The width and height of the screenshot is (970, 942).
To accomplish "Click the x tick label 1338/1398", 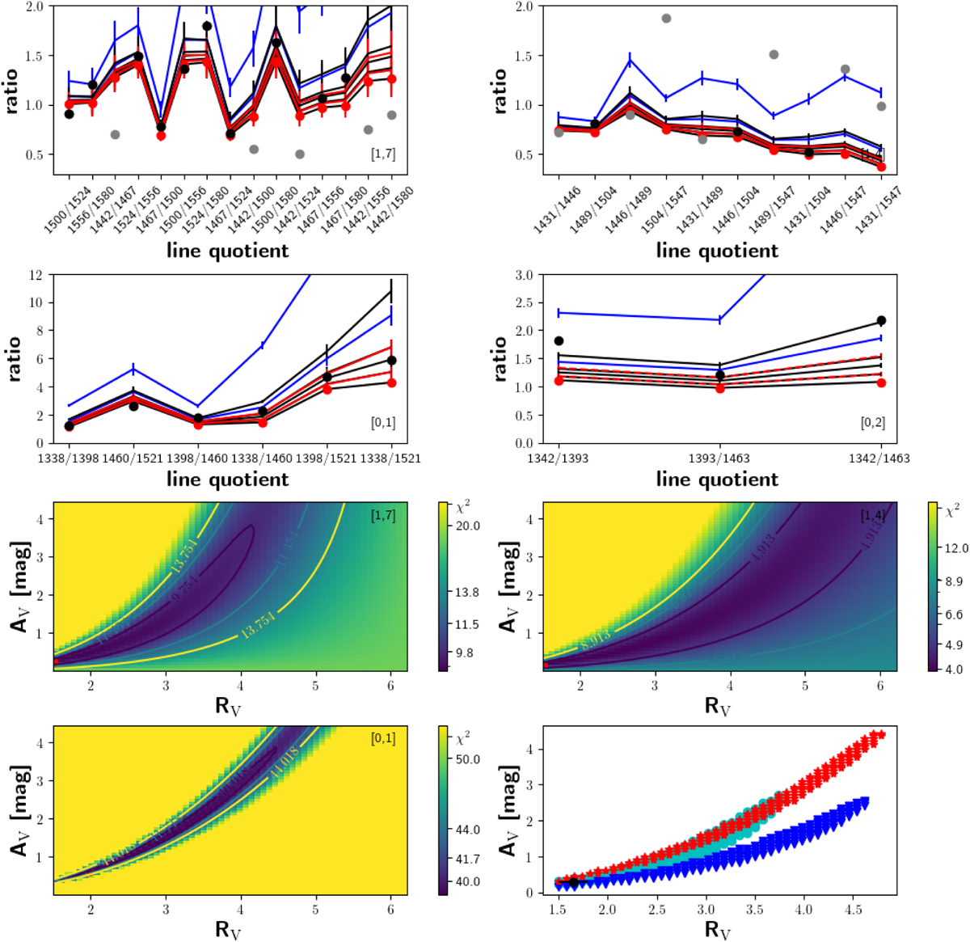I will click(70, 458).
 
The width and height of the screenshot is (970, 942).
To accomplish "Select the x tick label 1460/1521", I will click(134, 458).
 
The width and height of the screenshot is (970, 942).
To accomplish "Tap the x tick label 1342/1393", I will click(559, 458).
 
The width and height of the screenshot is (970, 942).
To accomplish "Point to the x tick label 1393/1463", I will click(719, 458).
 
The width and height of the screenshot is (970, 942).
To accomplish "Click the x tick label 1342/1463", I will click(880, 458).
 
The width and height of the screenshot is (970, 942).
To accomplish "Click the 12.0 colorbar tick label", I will click(957, 548).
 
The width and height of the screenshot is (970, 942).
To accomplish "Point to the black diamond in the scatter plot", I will click(573, 882).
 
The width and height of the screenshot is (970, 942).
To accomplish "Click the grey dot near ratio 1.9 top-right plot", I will click(667, 19).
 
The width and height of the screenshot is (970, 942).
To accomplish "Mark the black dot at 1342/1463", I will click(881, 321).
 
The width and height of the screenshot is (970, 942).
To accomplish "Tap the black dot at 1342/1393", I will click(559, 341).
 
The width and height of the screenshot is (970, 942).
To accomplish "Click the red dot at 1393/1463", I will click(719, 388).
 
